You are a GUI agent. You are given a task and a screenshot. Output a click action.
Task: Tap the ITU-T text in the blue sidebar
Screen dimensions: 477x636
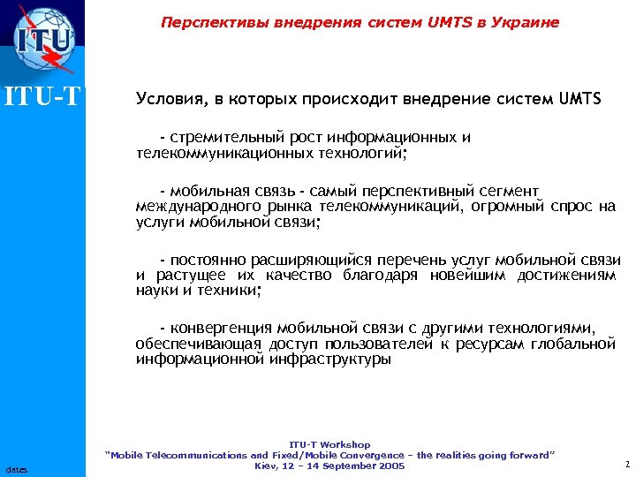(42, 95)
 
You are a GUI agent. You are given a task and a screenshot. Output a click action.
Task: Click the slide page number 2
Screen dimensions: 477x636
(625, 464)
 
